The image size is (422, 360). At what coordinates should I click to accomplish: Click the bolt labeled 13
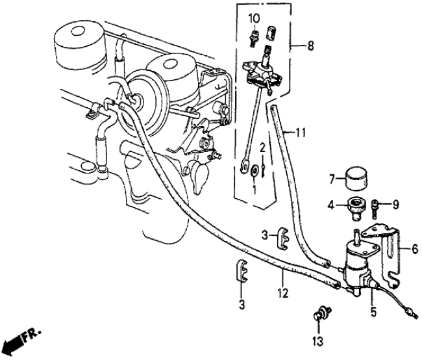pos(319,316)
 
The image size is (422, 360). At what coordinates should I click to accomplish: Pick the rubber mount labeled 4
pos(354,208)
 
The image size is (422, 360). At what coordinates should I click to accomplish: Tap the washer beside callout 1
pos(254,172)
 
